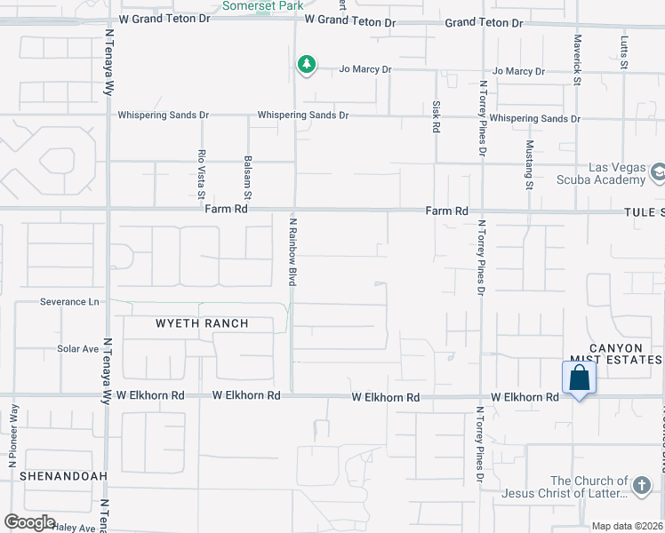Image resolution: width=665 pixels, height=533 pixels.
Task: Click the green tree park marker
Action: click(306, 64)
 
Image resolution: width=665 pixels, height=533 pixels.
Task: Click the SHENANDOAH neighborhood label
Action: click(53, 476)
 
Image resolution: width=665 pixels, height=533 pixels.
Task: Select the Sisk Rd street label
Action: click(437, 116)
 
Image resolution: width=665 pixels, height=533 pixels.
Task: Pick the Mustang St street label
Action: click(529, 164)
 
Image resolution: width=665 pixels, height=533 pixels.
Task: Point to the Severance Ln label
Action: click(69, 302)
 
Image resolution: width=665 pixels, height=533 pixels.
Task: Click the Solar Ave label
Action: click(78, 349)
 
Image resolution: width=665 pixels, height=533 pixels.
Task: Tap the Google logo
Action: click(29, 522)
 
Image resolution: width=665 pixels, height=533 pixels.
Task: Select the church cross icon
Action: click(643, 485)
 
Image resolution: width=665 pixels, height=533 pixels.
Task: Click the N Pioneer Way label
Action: click(13, 436)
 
